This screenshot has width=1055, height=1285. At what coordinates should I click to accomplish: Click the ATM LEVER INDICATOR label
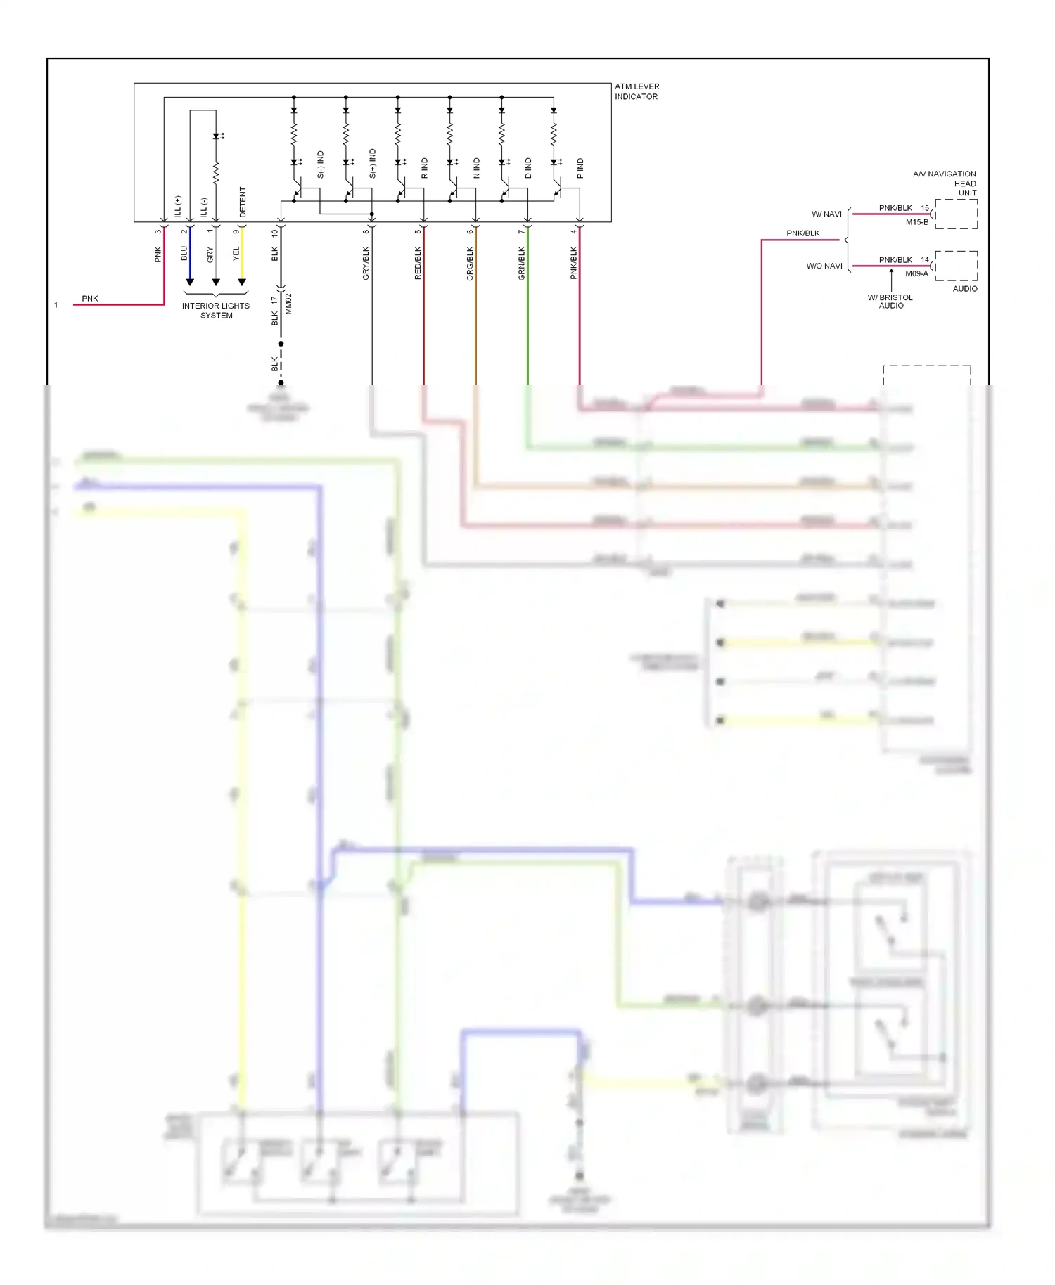point(637,91)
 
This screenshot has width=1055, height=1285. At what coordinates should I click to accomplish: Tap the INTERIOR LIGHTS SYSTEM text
point(215,311)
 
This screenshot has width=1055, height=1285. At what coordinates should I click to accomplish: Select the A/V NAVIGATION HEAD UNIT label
point(946,183)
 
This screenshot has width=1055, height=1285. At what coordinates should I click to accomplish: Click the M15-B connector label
point(916,222)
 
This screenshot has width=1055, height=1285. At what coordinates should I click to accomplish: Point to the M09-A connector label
point(916,274)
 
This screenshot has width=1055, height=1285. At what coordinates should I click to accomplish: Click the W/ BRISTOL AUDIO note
point(890,302)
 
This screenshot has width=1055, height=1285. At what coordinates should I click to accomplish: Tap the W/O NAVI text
point(824,266)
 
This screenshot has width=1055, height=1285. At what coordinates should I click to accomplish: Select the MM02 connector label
point(288,304)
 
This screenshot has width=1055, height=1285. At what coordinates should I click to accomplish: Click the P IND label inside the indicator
point(580,168)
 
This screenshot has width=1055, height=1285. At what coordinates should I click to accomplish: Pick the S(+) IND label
point(373,163)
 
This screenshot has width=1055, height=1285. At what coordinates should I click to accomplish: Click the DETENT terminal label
point(243,202)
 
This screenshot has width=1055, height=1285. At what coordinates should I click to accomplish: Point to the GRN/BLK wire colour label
point(522,264)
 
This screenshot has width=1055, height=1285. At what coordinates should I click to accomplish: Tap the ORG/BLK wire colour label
point(470,264)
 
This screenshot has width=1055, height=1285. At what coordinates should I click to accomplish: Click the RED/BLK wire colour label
point(418,264)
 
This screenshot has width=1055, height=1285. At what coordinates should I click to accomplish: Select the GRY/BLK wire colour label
point(366,264)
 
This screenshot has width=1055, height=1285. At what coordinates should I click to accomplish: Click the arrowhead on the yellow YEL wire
point(242,283)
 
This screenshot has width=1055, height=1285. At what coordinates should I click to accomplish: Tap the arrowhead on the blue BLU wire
point(190,283)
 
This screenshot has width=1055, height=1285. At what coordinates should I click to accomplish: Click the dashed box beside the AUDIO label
point(957,266)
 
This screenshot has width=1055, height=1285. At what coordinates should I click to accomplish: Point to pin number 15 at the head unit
point(925,208)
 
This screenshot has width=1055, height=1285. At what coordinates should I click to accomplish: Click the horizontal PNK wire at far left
point(120,305)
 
